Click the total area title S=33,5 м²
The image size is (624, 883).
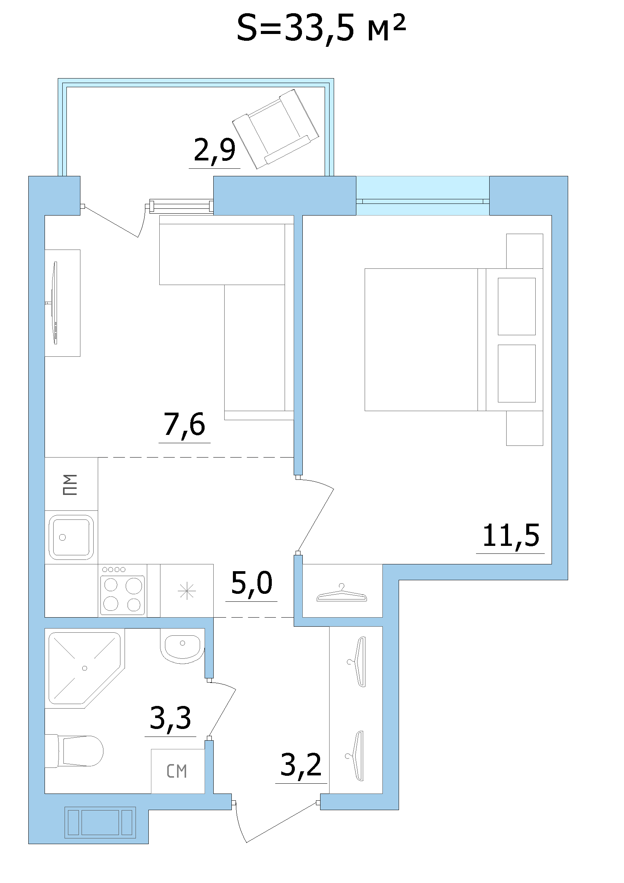[x=321, y=29]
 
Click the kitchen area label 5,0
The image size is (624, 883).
[x=252, y=583]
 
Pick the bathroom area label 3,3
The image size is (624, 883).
[x=170, y=718]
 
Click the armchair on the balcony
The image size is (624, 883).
[x=276, y=129]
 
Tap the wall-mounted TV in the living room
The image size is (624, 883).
[x=55, y=303]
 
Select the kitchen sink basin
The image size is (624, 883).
[x=71, y=537]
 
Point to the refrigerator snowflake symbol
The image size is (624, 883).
[x=187, y=591]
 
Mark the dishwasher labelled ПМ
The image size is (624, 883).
[x=71, y=484]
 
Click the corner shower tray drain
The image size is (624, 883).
[x=85, y=668]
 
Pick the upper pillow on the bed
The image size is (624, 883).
[x=516, y=307]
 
